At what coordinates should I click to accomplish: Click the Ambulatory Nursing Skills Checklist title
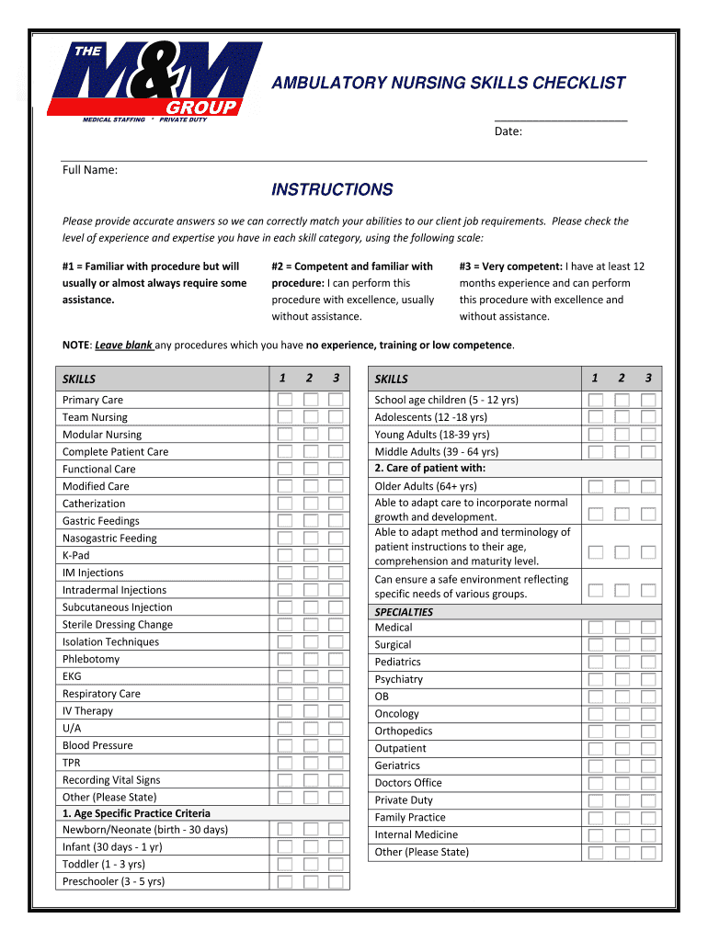pos(448,84)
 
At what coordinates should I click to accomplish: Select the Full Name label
pos(89,169)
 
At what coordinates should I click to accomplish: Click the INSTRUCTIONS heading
pos(332,190)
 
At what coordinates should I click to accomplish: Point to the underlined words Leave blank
pos(123,346)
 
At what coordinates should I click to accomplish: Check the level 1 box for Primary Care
pos(285,400)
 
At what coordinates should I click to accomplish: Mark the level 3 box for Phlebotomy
pos(337,659)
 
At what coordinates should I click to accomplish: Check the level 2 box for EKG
pos(311,676)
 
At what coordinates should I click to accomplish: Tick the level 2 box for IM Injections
pos(311,573)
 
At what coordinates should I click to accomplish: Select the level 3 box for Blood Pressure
pos(337,745)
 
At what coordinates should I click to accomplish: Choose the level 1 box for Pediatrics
pos(596,662)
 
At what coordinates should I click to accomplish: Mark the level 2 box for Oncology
pos(622,714)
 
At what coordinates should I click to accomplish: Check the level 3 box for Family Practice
pos(648,817)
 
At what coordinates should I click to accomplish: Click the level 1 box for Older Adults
pos(596,486)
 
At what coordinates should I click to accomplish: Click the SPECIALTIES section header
pos(404,612)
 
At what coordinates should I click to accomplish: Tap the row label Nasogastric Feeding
pos(109,539)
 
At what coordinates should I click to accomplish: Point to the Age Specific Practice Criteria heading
pos(136,813)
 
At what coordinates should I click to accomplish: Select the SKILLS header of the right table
pos(392,379)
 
